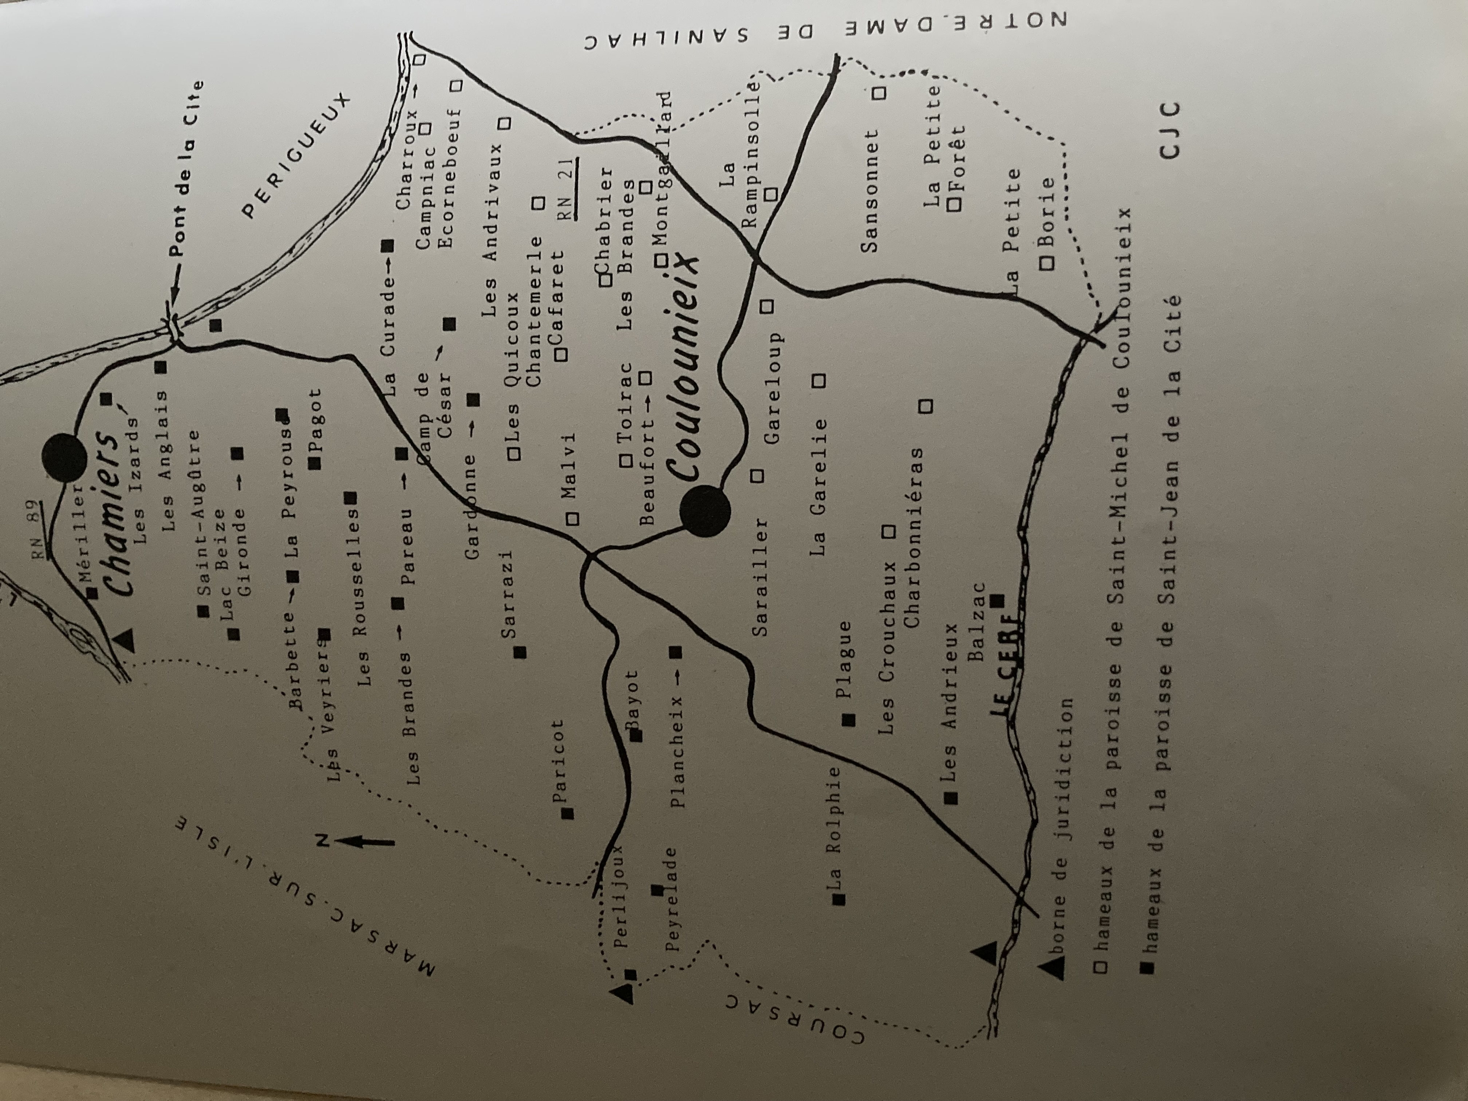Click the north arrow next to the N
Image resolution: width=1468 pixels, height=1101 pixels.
point(368,841)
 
